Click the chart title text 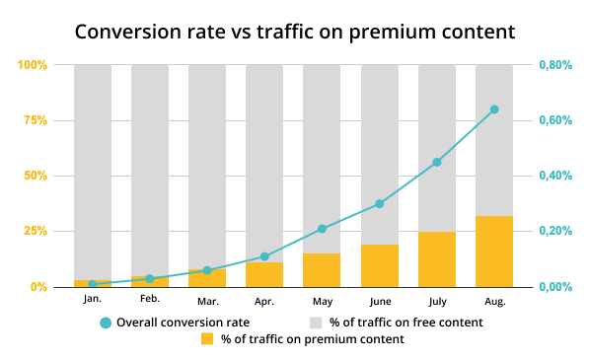click(295, 31)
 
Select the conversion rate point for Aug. click(494, 109)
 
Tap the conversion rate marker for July click(437, 162)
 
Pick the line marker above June click(380, 204)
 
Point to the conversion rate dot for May click(322, 229)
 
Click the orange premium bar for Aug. click(494, 252)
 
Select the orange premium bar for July click(437, 259)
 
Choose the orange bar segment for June click(380, 265)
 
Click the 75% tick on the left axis click(33, 120)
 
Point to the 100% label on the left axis click(31, 65)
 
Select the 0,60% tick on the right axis click(555, 120)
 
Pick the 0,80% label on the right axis click(555, 65)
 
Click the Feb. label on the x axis click(150, 298)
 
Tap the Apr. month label click(264, 299)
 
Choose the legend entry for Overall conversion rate click(174, 322)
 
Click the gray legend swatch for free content click(316, 322)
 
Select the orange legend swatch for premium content click(207, 339)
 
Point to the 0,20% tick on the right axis click(555, 231)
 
